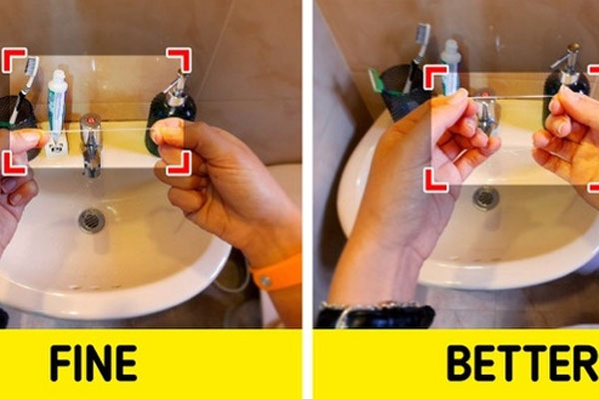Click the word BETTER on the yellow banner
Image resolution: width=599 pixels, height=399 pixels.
[x=520, y=363]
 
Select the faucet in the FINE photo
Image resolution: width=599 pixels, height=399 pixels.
[x=91, y=140]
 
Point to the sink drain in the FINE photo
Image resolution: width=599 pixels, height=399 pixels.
[x=91, y=218]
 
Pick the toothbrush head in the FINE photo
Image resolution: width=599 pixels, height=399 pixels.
[x=31, y=69]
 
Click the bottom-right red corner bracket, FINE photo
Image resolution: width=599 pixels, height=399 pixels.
[x=177, y=163]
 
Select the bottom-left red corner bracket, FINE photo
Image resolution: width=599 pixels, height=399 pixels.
[x=14, y=163]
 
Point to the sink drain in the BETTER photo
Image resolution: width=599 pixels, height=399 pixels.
[x=486, y=198]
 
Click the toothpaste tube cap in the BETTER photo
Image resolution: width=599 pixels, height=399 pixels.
[x=451, y=50]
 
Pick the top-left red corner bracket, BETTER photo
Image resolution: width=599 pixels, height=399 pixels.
[x=435, y=78]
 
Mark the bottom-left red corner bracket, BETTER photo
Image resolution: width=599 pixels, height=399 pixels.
[x=435, y=180]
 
